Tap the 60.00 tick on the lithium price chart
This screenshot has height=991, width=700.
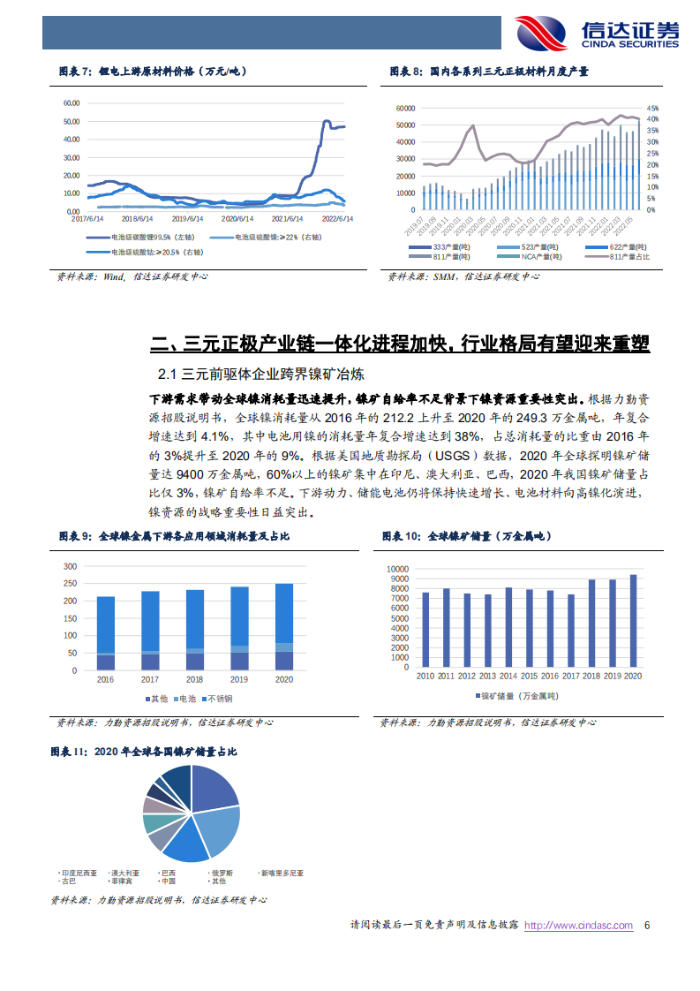point(72,102)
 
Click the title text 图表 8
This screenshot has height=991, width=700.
point(407,72)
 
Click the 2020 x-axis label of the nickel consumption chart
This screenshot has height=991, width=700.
point(284,679)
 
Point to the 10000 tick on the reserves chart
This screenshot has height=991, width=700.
point(399,571)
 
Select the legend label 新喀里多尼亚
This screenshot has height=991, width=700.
point(282,873)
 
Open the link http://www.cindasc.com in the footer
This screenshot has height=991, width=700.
point(579,926)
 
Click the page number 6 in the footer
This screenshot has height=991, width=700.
point(647,926)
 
